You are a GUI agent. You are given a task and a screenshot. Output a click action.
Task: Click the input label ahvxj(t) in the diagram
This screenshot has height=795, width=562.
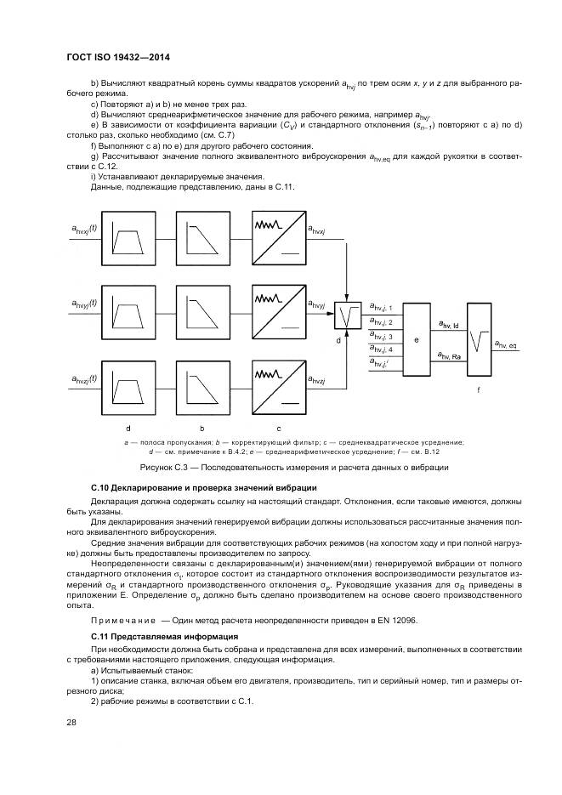[84, 229]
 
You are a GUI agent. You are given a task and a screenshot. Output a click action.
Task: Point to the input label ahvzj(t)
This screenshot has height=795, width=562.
[84, 378]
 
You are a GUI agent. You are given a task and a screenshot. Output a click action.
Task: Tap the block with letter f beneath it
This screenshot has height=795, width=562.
[478, 338]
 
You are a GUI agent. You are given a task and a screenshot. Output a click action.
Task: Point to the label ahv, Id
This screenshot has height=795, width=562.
[448, 324]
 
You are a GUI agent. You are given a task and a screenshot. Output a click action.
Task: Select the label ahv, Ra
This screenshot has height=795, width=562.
[448, 355]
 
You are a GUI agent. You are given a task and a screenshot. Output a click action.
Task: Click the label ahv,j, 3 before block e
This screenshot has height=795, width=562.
[380, 337]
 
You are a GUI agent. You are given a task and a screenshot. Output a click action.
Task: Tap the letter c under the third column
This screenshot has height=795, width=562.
[278, 428]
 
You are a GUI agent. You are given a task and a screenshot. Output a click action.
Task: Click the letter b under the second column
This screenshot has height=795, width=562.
[202, 428]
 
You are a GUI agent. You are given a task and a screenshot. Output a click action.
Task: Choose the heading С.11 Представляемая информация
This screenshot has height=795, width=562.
[164, 636]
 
